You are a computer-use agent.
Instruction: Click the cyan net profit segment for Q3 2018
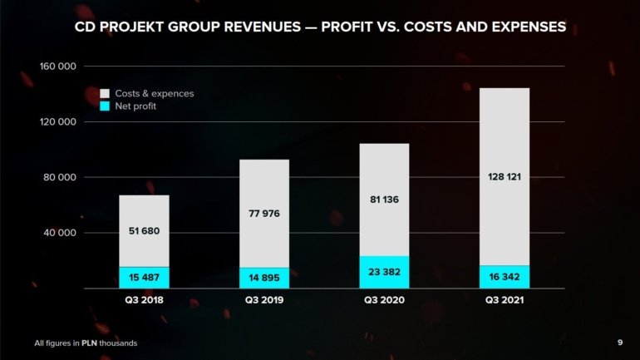pos(144,278)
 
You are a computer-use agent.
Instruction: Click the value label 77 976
pos(264,214)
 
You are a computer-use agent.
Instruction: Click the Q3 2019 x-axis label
pos(264,299)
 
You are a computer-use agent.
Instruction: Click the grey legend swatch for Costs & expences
pos(106,94)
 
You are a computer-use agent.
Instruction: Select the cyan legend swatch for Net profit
pos(106,106)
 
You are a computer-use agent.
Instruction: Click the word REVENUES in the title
pos(258,27)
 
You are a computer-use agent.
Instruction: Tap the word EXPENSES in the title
pos(523,27)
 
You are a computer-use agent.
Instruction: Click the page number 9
pos(620,343)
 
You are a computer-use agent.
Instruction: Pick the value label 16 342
pos(505,277)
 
